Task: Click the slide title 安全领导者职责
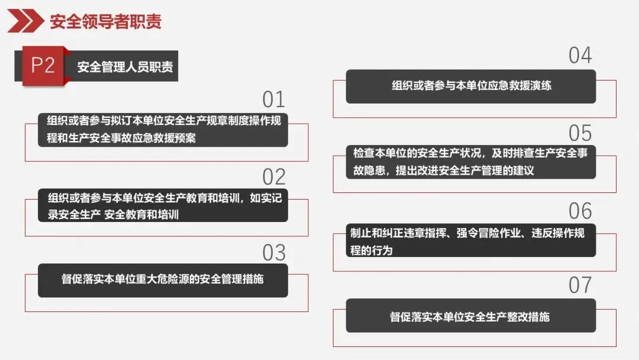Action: pyautogui.click(x=105, y=22)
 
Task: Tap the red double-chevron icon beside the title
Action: pyautogui.click(x=25, y=21)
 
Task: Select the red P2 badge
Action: pyautogui.click(x=42, y=66)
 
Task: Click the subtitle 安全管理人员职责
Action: pyautogui.click(x=125, y=66)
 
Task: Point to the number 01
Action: pyautogui.click(x=274, y=99)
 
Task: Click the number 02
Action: pyautogui.click(x=274, y=176)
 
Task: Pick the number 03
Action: pyautogui.click(x=274, y=253)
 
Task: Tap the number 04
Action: pyautogui.click(x=580, y=56)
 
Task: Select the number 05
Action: pyautogui.click(x=580, y=133)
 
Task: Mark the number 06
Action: pyautogui.click(x=580, y=211)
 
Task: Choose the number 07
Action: pyautogui.click(x=580, y=285)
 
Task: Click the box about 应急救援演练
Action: pyautogui.click(x=471, y=86)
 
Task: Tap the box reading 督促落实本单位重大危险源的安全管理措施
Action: pyautogui.click(x=163, y=279)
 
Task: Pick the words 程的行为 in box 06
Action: pyautogui.click(x=371, y=250)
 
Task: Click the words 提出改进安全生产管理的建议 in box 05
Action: pyautogui.click(x=467, y=171)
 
